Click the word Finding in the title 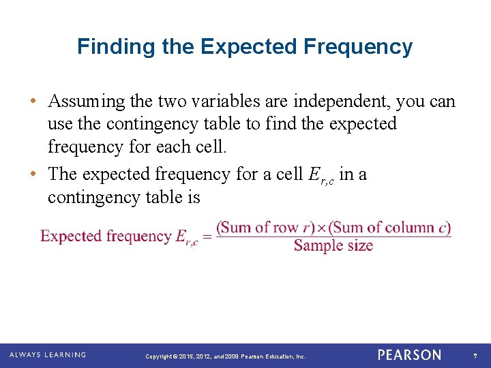coord(104,46)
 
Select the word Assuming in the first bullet coord(87,102)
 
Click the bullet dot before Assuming coord(33,102)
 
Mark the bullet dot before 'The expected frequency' coord(33,174)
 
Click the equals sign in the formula coord(206,237)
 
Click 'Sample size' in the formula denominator coord(333,245)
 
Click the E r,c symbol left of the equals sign coord(185,238)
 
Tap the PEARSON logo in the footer coord(409,355)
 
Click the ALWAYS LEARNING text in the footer coord(48,355)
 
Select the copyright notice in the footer coord(226,356)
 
